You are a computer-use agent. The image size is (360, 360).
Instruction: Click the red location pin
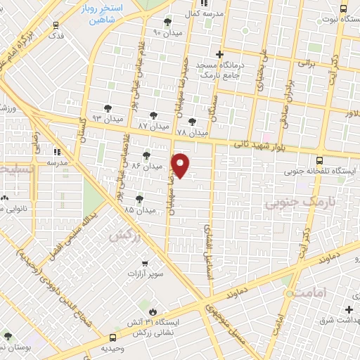(181, 165)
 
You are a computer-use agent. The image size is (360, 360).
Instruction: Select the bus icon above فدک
(56, 24)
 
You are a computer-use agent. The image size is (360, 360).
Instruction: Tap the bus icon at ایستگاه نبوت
(342, 8)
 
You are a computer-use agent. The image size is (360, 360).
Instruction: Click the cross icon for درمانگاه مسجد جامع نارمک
(220, 54)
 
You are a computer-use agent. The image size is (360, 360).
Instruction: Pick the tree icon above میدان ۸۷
(153, 115)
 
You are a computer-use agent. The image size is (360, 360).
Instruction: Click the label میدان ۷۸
(192, 131)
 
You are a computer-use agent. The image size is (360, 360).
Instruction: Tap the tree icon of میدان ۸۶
(147, 155)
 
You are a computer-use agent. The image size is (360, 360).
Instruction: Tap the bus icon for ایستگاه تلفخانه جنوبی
(320, 160)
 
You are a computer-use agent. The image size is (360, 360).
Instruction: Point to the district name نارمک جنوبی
(291, 203)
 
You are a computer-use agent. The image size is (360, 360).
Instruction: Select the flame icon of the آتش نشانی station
(151, 310)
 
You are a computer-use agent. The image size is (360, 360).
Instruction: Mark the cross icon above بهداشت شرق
(349, 309)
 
